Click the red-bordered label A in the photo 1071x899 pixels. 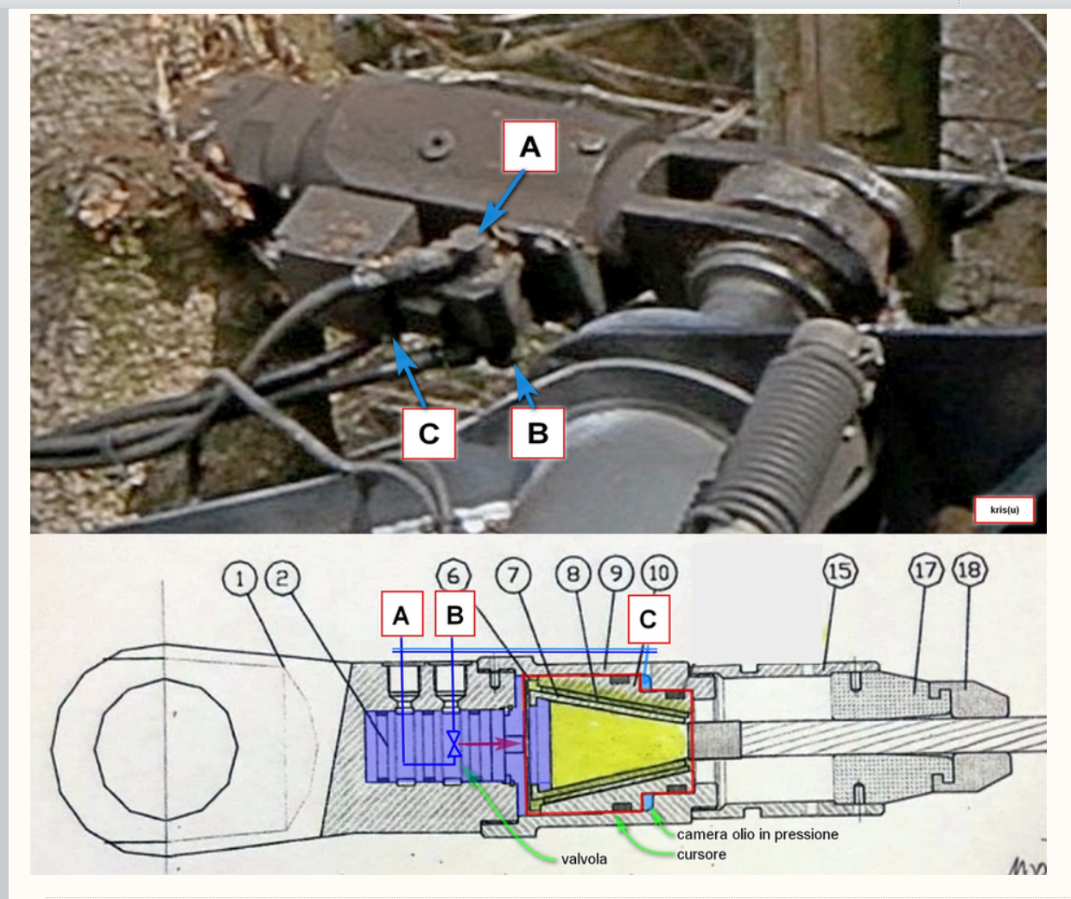point(529,147)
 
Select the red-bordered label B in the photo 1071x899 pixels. point(537,434)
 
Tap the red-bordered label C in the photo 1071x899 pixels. point(428,434)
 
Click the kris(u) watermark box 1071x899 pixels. point(1004,510)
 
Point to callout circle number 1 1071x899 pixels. point(239,579)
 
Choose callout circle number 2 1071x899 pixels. point(282,578)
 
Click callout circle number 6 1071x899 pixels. point(453,575)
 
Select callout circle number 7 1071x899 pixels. point(513,575)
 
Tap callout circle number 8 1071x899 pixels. point(574,574)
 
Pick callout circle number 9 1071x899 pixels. point(616,573)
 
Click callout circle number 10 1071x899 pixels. point(660,573)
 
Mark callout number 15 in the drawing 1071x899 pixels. point(840,571)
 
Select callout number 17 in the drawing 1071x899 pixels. point(926,570)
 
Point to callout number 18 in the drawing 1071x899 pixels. point(969,569)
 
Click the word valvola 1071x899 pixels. point(584,859)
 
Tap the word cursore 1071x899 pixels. point(701,854)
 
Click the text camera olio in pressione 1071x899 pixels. point(757,834)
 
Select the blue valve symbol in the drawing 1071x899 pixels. point(453,744)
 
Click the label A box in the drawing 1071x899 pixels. point(402,614)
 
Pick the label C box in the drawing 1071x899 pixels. point(649,619)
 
